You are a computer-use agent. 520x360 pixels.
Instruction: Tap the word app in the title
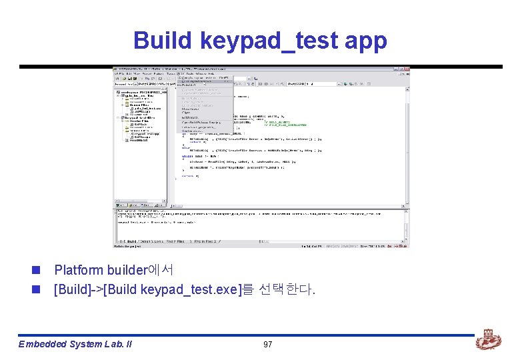pyautogui.click(x=366, y=42)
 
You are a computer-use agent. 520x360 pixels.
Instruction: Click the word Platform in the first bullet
pyautogui.click(x=78, y=270)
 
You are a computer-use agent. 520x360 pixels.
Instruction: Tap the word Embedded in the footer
pyautogui.click(x=41, y=344)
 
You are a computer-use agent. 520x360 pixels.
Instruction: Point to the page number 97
pyautogui.click(x=267, y=344)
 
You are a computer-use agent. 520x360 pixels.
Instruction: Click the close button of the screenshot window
pyautogui.click(x=407, y=69)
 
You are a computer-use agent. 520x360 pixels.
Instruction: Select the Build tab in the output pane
pyautogui.click(x=127, y=241)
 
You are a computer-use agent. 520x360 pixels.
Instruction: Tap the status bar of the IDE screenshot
pyautogui.click(x=260, y=246)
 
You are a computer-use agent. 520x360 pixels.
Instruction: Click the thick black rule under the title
pyautogui.click(x=260, y=67)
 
